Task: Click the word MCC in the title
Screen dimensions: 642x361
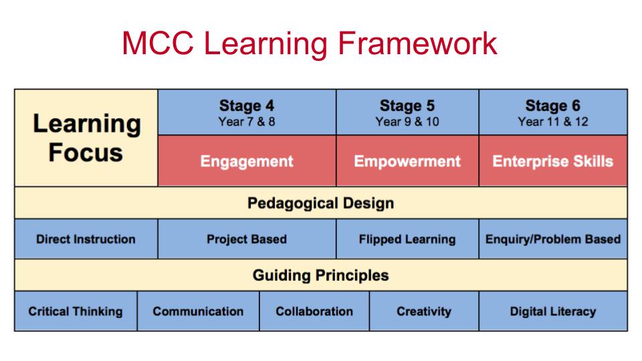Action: coord(158,43)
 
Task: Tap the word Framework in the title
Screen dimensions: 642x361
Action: coord(417,43)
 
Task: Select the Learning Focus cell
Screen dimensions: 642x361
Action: coord(86,138)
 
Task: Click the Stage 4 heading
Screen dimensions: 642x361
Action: coord(247,106)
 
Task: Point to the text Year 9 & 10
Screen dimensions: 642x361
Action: coord(407,122)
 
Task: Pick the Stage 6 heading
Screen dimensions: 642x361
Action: coord(553,106)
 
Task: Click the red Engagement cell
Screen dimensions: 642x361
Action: coord(247,161)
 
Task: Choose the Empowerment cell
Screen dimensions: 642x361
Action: coord(407,161)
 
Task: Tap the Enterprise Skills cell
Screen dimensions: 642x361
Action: coord(553,161)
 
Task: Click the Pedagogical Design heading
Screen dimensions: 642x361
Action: coord(320,203)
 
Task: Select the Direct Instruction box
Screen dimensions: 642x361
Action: coord(86,239)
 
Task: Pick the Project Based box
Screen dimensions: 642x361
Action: coord(247,239)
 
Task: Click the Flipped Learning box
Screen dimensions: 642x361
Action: coord(407,239)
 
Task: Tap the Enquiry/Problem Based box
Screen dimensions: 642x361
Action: coord(553,239)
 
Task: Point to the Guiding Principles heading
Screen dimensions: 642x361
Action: coord(320,275)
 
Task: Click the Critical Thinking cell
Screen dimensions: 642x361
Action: coord(76,311)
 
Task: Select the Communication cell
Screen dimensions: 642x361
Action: coord(198,311)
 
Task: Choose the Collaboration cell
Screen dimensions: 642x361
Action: coord(314,311)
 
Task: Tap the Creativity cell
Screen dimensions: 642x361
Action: coord(424,311)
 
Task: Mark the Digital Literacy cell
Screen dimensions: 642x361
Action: coord(553,311)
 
